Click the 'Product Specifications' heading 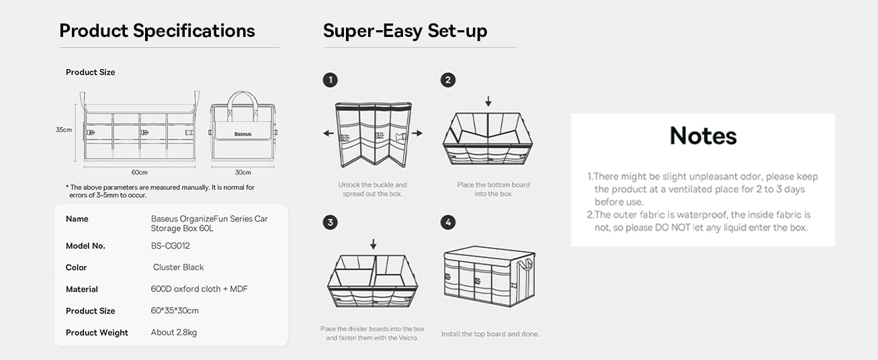[x=157, y=31]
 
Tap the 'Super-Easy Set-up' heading [x=405, y=31]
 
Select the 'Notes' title [x=703, y=136]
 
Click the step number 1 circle [x=330, y=81]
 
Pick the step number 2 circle [x=448, y=81]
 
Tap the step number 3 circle [x=330, y=222]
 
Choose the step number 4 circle [x=448, y=222]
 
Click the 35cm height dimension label [x=64, y=130]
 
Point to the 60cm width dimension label [x=140, y=173]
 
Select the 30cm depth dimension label [x=243, y=173]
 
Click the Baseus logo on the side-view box [x=243, y=134]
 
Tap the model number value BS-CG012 [x=170, y=246]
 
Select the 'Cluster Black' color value [x=178, y=267]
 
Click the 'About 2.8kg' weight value [x=173, y=332]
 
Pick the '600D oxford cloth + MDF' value [x=199, y=289]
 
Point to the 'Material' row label [x=81, y=289]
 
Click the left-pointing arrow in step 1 [x=328, y=133]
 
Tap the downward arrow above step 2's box [x=488, y=101]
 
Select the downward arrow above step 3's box [x=373, y=244]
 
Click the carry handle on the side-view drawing [x=243, y=103]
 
